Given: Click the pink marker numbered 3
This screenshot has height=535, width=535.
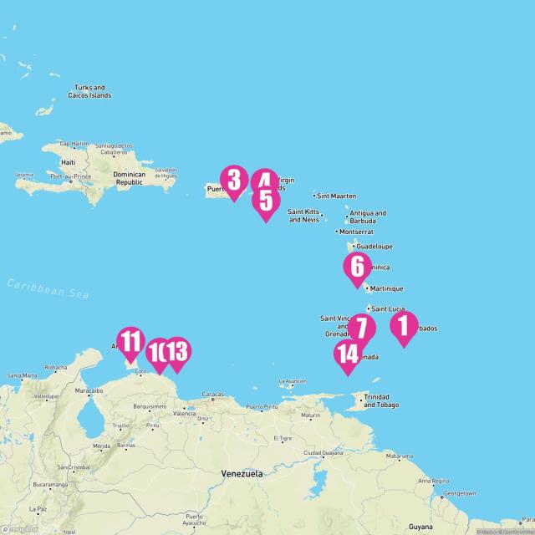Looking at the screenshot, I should coord(234,181).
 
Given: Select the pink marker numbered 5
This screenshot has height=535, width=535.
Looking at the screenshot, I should coord(266,201).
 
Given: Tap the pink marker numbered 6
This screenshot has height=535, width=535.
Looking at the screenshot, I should coord(358,267).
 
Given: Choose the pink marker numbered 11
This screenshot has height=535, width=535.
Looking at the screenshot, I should coord(130,343).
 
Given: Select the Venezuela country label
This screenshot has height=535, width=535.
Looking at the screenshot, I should coord(242,473).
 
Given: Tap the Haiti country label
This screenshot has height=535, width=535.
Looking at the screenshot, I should coord(69,162).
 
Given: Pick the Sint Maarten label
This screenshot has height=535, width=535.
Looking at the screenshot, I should coord(336,196).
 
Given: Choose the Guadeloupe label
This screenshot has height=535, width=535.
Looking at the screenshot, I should coord(374,247).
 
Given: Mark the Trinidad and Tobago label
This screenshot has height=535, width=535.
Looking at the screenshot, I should coord(381,401).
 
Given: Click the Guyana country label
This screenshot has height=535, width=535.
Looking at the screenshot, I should coord(421,527).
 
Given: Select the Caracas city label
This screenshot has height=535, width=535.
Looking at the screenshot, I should coord(212,394).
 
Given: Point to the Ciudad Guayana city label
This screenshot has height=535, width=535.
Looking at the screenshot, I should coord(323,453).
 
